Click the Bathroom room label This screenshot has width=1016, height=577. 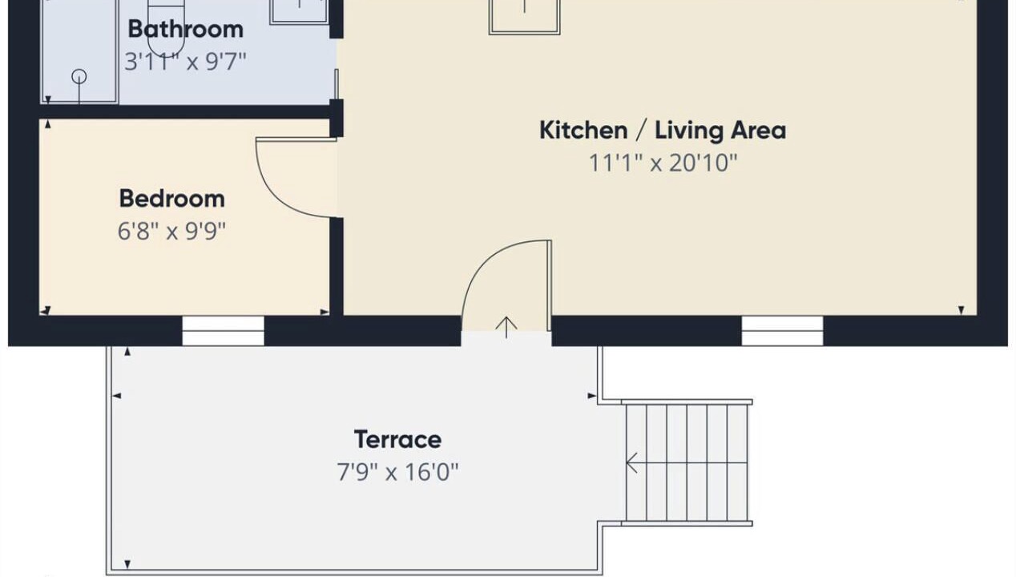point(186,29)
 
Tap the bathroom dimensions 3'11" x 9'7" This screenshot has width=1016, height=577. point(186,62)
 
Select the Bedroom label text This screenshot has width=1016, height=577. point(172,200)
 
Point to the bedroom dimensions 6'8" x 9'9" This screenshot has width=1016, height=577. point(172,232)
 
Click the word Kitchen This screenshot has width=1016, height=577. point(583,130)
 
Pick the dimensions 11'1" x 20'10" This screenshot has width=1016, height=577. point(663,163)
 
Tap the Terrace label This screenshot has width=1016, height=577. point(397,439)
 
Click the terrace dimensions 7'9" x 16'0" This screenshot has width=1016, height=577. point(397,472)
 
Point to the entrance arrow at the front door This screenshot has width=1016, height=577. point(506,328)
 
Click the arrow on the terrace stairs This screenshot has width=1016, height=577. point(632,462)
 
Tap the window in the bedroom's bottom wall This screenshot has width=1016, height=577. point(224,331)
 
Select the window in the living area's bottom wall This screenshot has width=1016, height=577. point(782,331)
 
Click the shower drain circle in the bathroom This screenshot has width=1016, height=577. point(79,76)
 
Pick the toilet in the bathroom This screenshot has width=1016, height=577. point(166,27)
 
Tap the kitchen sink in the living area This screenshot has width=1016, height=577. point(524,16)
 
